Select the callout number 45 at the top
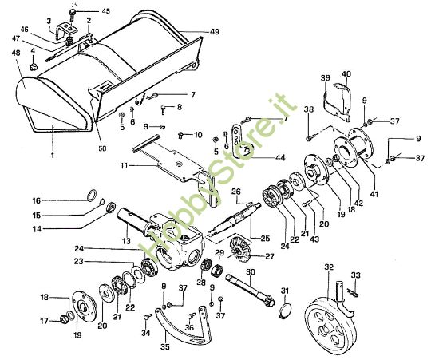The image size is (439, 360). [x=106, y=12]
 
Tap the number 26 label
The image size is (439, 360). [x=236, y=192]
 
